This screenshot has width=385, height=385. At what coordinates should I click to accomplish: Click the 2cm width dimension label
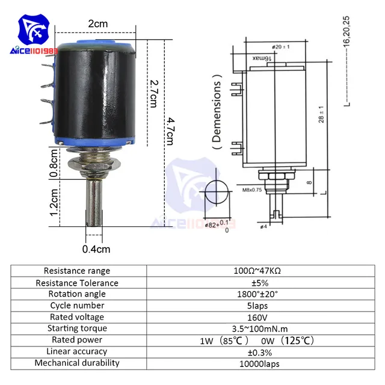[x=97, y=23]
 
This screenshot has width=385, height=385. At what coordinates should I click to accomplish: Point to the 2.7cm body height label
[x=153, y=91]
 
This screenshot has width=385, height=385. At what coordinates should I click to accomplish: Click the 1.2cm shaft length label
[x=54, y=203]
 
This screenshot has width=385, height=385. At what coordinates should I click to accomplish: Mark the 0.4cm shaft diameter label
[x=96, y=248]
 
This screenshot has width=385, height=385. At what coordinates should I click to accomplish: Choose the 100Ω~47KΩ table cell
[x=257, y=271]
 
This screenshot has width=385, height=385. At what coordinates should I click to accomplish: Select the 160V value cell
[x=257, y=317]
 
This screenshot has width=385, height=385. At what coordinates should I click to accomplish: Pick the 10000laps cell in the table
[x=257, y=363]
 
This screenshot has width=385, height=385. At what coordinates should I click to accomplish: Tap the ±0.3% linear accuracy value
[x=257, y=351]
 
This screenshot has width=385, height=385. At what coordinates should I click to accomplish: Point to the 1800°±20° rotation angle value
[x=257, y=294]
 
